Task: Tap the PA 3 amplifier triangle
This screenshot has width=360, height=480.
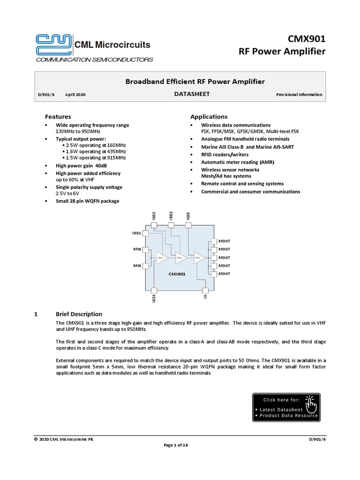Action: [199, 258]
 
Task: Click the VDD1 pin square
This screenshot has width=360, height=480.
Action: [145, 233]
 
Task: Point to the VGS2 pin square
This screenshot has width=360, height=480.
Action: [154, 225]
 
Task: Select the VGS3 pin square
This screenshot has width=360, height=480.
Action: [188, 225]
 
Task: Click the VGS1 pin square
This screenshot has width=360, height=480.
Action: [154, 290]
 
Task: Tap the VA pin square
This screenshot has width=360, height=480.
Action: [205, 290]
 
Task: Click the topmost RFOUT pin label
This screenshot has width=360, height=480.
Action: [224, 241]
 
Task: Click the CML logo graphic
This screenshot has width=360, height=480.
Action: [53, 45]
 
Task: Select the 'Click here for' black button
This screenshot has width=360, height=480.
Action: [286, 406]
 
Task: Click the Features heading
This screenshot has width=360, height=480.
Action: [58, 117]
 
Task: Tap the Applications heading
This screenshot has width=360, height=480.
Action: [209, 117]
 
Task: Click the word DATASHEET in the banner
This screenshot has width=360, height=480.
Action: [192, 94]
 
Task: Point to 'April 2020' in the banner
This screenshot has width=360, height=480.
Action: [75, 95]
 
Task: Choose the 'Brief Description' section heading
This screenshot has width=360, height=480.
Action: [79, 314]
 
